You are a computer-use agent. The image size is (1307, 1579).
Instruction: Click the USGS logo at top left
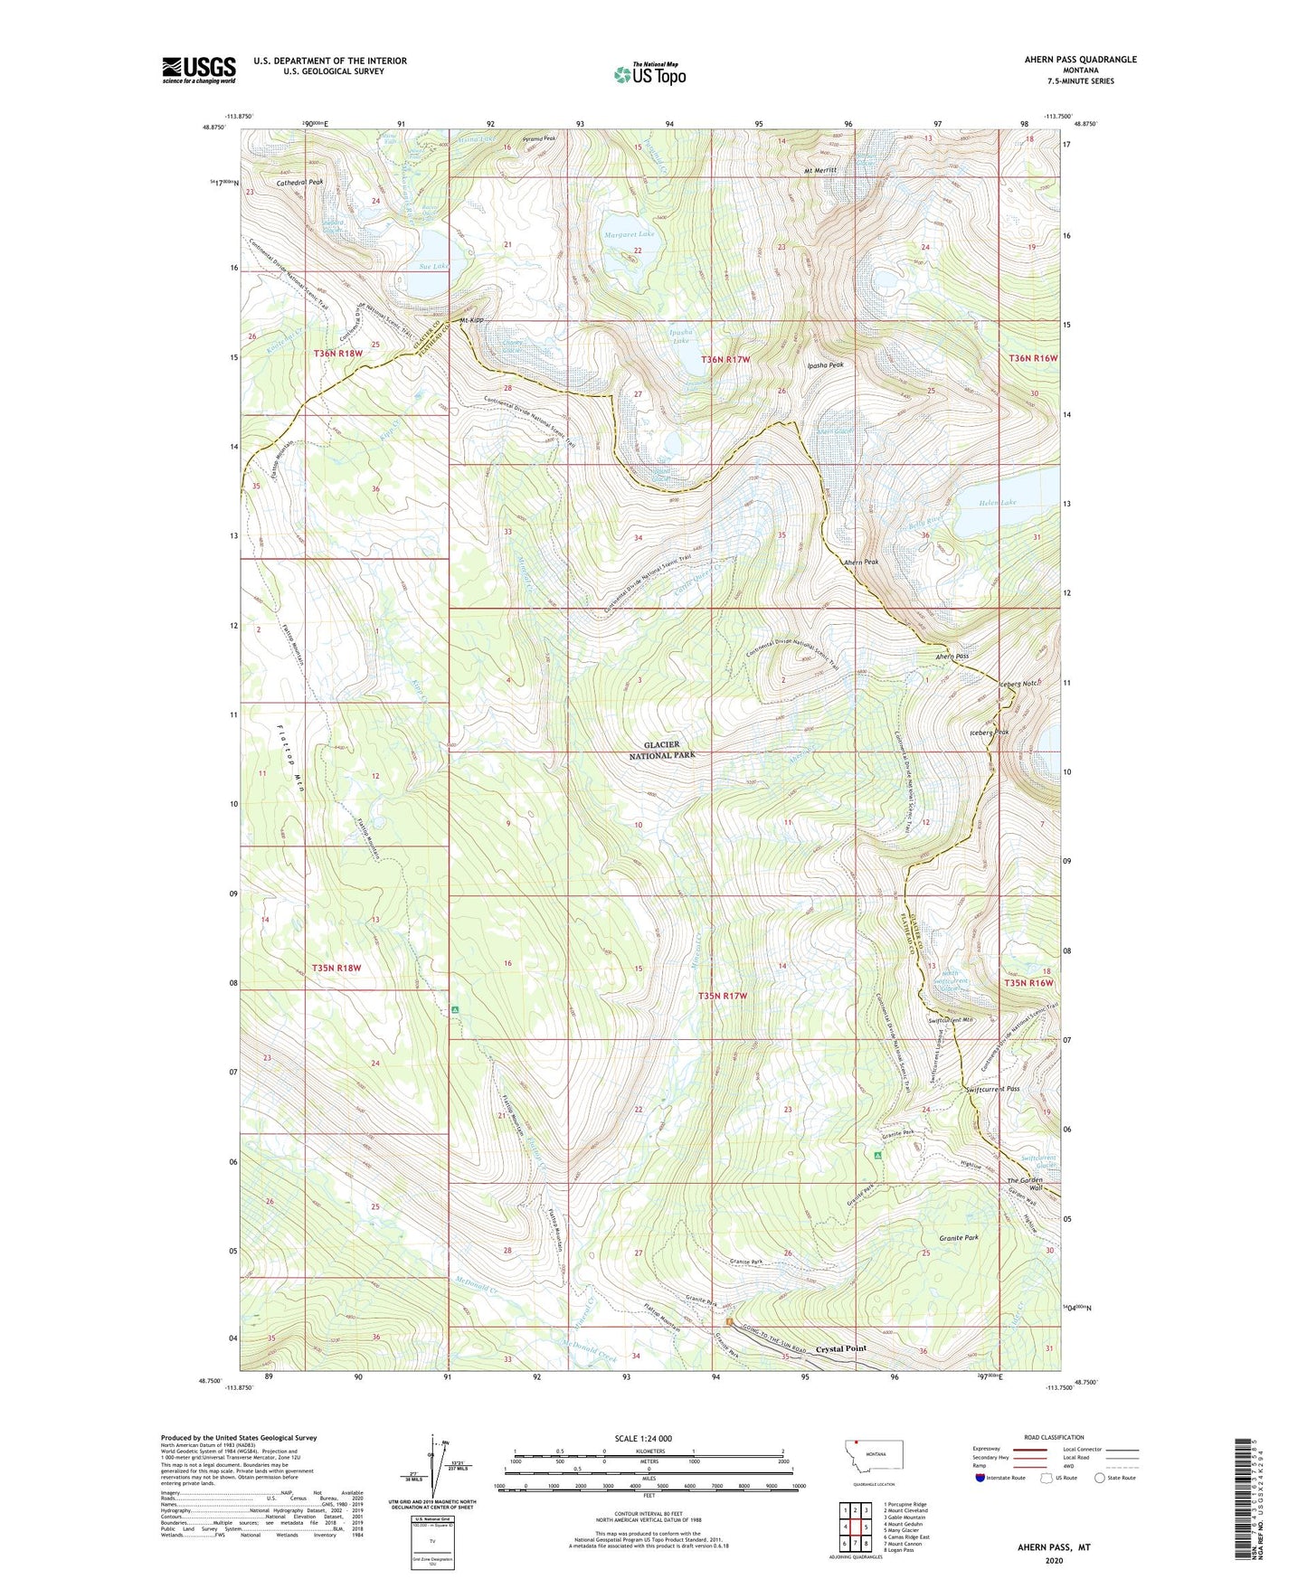tap(199, 69)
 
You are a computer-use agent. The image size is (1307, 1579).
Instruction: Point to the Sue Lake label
tap(433, 266)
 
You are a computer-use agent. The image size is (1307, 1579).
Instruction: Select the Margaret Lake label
tap(629, 233)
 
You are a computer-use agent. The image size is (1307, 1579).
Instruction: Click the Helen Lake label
tap(997, 503)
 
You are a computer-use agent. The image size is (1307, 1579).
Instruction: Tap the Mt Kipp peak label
tap(471, 321)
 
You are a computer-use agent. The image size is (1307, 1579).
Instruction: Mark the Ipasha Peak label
tap(825, 365)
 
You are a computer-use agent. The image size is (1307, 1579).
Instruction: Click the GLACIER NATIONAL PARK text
tap(663, 750)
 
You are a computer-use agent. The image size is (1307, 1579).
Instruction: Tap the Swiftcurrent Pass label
tap(992, 1089)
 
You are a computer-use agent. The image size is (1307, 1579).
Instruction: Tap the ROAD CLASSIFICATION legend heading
tap(1054, 1437)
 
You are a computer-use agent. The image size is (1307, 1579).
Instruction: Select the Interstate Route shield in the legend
tap(981, 1478)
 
